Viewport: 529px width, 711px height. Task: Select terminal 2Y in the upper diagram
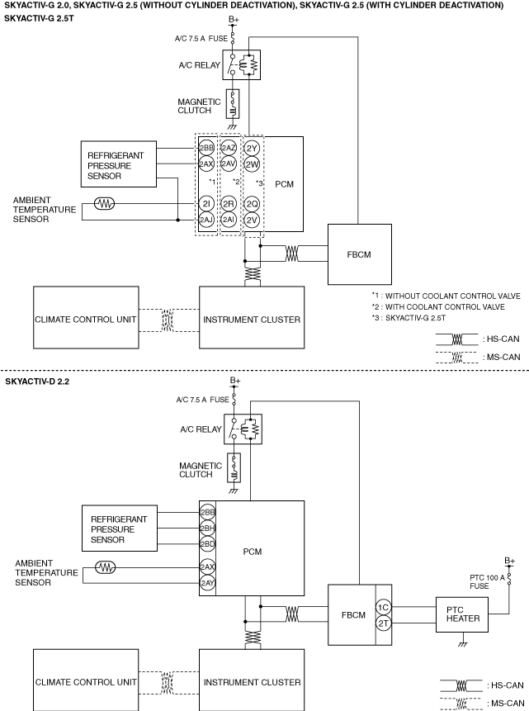pyautogui.click(x=253, y=148)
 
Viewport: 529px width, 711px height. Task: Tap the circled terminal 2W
pyautogui.click(x=253, y=164)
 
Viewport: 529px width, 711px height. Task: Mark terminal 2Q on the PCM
pyautogui.click(x=253, y=203)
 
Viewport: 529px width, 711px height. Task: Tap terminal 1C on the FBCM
pyautogui.click(x=383, y=608)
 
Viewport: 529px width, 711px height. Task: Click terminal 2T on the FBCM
pyautogui.click(x=383, y=623)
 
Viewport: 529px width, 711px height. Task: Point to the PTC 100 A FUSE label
pyautogui.click(x=479, y=581)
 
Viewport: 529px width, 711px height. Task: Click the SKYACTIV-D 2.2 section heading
pyautogui.click(x=39, y=382)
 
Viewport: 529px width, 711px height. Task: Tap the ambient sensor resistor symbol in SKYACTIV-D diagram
pyautogui.click(x=106, y=567)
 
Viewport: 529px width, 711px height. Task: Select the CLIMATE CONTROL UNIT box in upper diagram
pyautogui.click(x=85, y=319)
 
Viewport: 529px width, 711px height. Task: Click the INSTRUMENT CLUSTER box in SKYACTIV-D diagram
pyautogui.click(x=252, y=682)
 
